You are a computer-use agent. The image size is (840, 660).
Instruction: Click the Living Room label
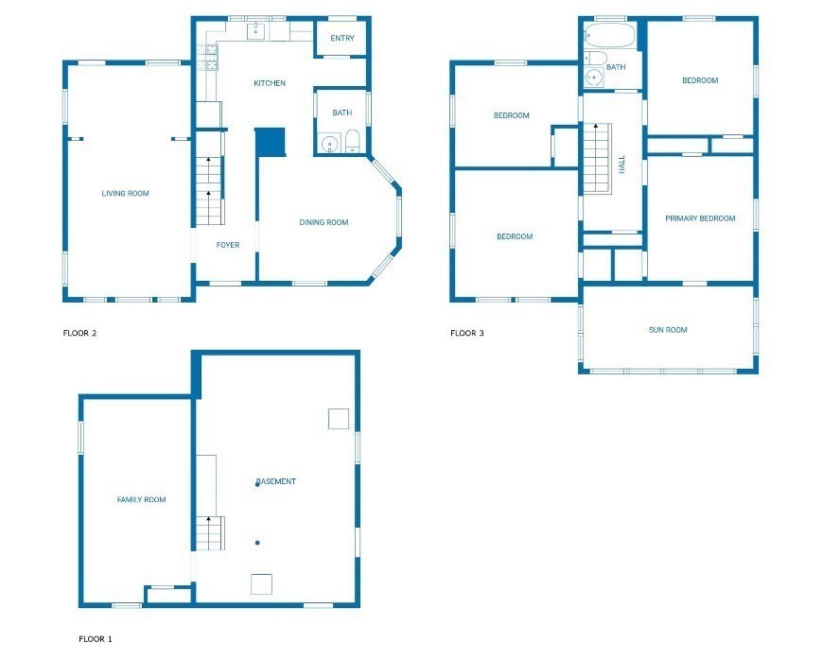[x=125, y=194]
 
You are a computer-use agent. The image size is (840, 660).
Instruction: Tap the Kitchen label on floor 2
[x=269, y=84]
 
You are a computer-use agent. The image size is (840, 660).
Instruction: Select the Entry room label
[x=341, y=39]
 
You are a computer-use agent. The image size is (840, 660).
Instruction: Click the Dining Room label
[x=324, y=223]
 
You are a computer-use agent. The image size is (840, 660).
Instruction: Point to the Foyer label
[x=227, y=245]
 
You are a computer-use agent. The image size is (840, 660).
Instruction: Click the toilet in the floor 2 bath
[x=352, y=142]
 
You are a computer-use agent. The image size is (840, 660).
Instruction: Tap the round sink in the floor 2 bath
[x=328, y=145]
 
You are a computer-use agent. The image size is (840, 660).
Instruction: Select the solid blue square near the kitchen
[x=270, y=143]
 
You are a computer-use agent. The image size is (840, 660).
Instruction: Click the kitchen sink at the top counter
[x=256, y=32]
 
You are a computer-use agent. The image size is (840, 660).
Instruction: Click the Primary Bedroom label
[x=699, y=218]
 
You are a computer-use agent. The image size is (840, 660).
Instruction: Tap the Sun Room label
[x=668, y=330]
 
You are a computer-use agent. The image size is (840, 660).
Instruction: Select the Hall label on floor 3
[x=622, y=165]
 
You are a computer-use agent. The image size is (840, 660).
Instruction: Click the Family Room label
[x=141, y=499]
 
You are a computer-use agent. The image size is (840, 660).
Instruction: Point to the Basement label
[x=275, y=481]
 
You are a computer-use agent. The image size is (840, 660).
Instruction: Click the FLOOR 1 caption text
[x=95, y=639]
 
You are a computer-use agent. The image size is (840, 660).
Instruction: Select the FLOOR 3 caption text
[x=466, y=333]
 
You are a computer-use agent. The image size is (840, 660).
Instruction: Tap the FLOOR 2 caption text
[x=79, y=333]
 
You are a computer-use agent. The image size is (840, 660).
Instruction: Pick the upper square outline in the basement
[x=339, y=419]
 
